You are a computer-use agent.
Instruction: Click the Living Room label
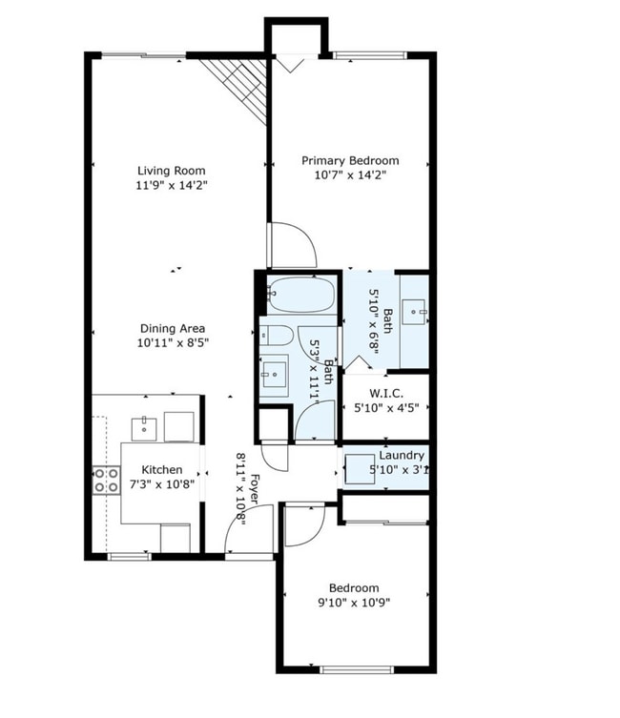172,170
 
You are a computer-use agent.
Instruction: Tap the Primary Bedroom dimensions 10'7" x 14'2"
350,175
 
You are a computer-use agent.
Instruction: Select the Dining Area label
172,329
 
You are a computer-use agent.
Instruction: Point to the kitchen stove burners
106,479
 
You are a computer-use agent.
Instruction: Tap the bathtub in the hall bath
300,295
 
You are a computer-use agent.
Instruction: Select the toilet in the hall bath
277,336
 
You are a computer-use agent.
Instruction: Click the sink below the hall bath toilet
275,375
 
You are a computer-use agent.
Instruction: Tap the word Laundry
402,456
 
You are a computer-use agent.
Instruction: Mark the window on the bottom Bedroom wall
357,669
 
